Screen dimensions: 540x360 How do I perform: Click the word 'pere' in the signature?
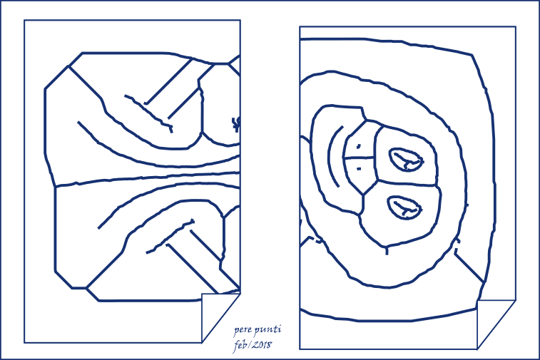[x=243, y=331]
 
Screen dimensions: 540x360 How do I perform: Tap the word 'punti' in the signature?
[x=268, y=330]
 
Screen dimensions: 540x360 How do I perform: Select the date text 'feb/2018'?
[x=253, y=345]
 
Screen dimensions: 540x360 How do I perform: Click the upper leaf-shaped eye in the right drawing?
[x=406, y=160]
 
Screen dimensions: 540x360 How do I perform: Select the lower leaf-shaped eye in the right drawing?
[x=404, y=207]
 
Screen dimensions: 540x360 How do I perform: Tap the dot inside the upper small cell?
[x=359, y=147]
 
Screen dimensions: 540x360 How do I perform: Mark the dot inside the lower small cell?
[x=359, y=169]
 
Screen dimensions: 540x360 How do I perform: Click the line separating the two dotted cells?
[x=360, y=158]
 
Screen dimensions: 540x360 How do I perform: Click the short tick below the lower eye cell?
[x=387, y=250]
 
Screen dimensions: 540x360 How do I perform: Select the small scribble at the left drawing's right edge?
[x=236, y=124]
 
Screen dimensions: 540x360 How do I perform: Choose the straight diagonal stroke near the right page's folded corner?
[x=469, y=269]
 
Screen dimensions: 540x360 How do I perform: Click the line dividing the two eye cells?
[x=407, y=183]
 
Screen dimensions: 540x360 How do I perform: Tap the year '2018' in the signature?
[x=261, y=345]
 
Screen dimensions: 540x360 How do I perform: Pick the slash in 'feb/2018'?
[x=248, y=345]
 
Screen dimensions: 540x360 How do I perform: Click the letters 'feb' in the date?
[x=240, y=346]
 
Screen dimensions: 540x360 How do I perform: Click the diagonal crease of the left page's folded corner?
[x=220, y=318]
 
